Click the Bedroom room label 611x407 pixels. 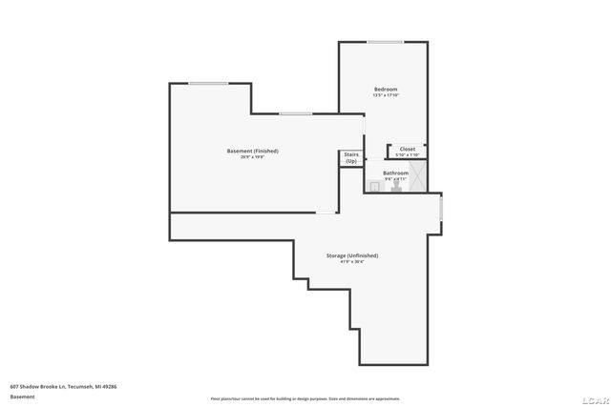click(385, 89)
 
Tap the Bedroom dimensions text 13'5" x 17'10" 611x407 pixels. click(385, 95)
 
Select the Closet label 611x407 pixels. click(407, 149)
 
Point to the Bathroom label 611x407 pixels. click(395, 173)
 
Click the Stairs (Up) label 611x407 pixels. click(351, 158)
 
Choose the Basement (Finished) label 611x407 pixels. click(253, 151)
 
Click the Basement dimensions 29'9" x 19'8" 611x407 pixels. click(253, 157)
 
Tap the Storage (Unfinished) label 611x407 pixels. click(352, 254)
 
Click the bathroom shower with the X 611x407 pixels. click(417, 176)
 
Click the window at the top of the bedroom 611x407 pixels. click(385, 41)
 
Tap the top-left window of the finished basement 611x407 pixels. click(207, 84)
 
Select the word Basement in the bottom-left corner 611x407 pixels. click(22, 397)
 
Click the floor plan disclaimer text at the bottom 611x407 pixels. click(305, 398)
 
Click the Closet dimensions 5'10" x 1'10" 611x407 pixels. click(407, 154)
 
